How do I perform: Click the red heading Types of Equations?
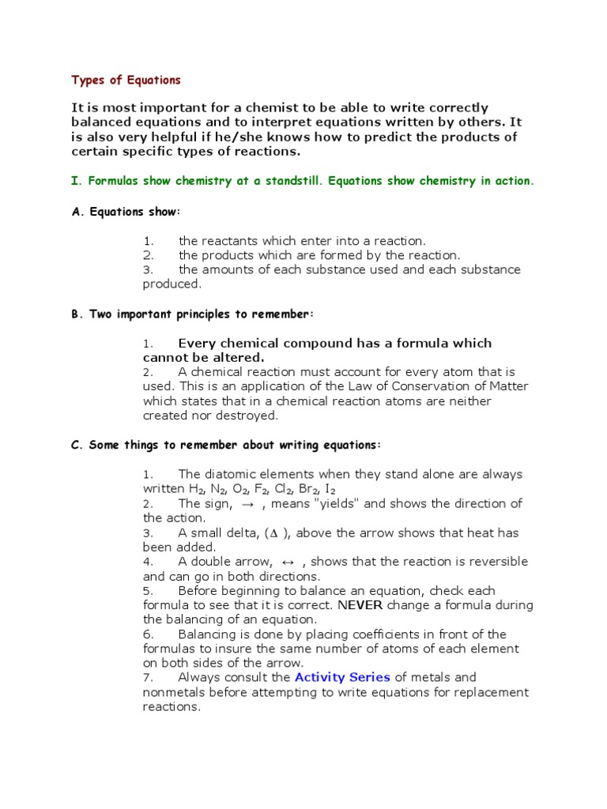coord(126,80)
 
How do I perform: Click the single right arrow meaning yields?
coord(247,504)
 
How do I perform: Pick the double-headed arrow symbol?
coord(287,562)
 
